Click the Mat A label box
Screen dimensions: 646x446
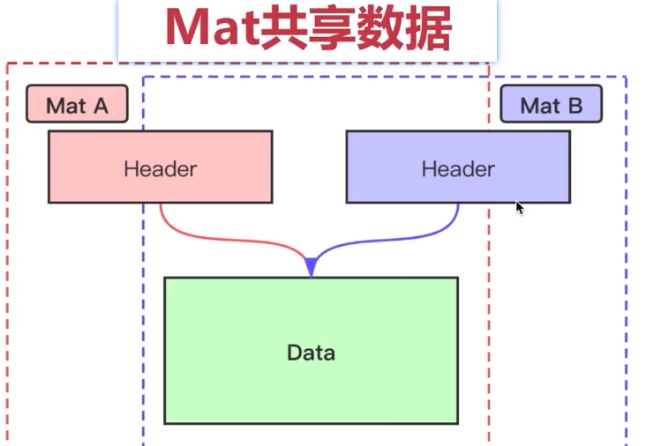[x=77, y=104]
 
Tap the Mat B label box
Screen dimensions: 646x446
[x=551, y=104]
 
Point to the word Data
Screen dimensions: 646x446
[x=311, y=353]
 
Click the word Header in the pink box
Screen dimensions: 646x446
[x=160, y=168]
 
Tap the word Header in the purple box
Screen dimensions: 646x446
[x=457, y=168]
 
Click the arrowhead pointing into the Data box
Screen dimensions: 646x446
[x=311, y=265]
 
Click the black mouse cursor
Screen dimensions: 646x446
[x=520, y=208]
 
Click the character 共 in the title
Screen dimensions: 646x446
[x=281, y=31]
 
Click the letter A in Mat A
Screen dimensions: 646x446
[x=100, y=106]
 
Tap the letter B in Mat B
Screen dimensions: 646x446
[x=575, y=106]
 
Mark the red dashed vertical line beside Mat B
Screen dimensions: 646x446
[x=489, y=264]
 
